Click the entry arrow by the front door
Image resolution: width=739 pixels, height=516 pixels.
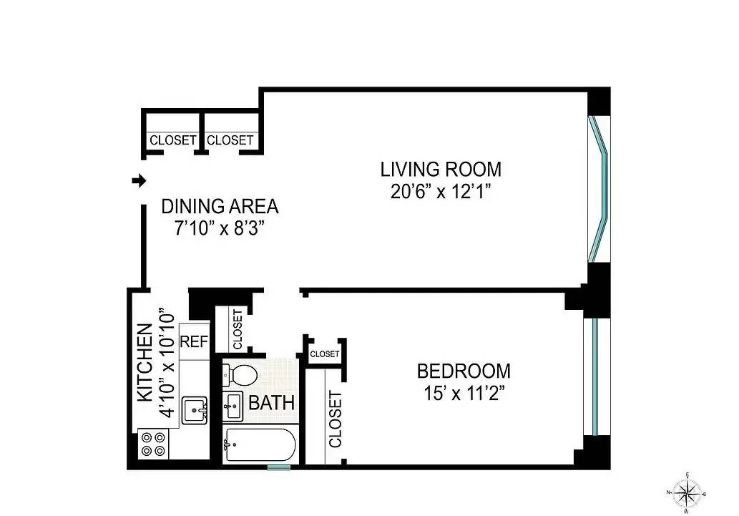[140, 180]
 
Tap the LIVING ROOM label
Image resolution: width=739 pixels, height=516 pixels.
[441, 169]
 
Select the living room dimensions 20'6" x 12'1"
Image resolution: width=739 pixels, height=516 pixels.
[441, 192]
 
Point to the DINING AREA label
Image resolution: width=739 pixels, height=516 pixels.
[220, 206]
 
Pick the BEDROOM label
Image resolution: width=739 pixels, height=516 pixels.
[464, 371]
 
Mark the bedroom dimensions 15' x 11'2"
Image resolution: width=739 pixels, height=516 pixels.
[464, 393]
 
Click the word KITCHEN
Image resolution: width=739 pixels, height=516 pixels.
[145, 362]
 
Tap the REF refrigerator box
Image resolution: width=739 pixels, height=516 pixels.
[194, 341]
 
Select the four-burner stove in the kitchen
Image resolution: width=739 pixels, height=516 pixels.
[154, 444]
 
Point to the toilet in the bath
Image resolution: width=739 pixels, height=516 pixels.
[240, 374]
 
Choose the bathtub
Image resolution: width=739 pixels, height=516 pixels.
[260, 444]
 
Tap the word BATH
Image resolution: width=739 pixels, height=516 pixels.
[271, 403]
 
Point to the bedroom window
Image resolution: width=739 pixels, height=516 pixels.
[594, 377]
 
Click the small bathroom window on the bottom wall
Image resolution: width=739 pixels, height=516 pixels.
[279, 467]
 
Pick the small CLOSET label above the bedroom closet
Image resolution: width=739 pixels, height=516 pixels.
[325, 354]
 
